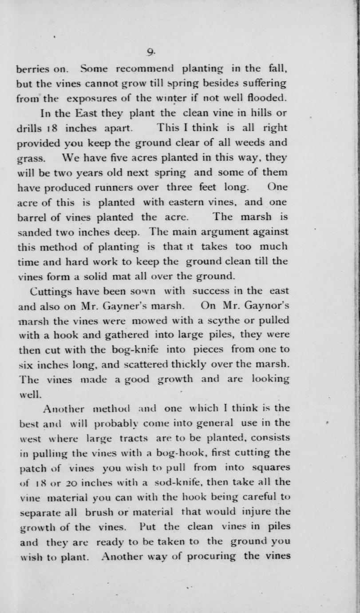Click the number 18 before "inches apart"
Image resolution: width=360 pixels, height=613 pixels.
(x=55, y=128)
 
